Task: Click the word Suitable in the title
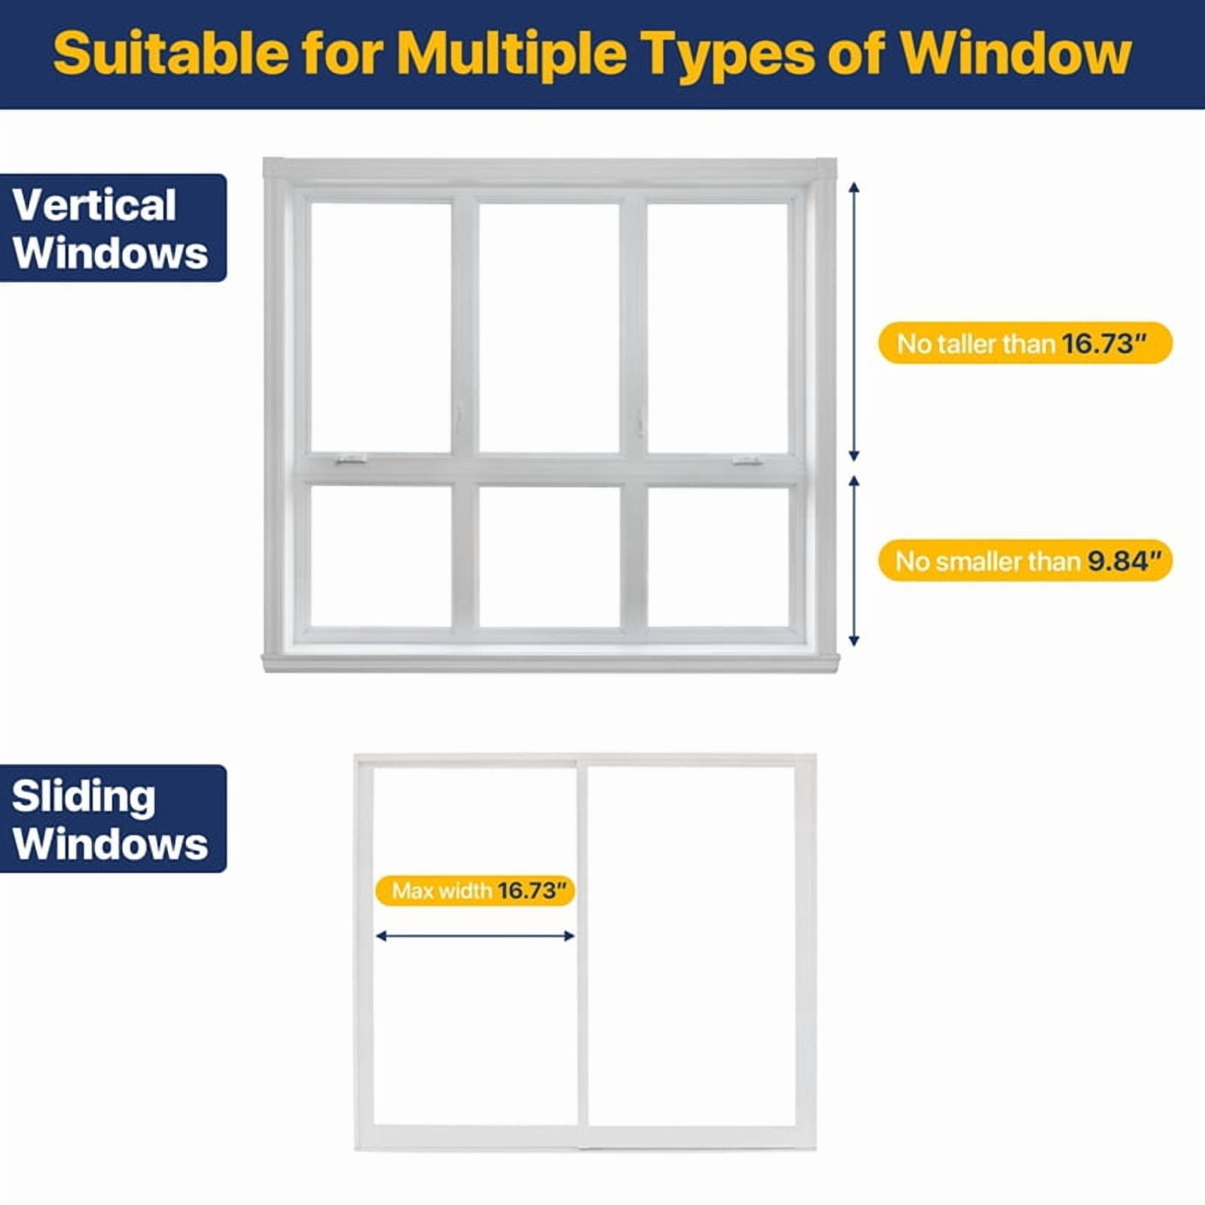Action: pyautogui.click(x=171, y=53)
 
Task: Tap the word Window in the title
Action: pyautogui.click(x=1016, y=53)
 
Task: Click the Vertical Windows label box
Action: pyautogui.click(x=113, y=228)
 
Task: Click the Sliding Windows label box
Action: pyautogui.click(x=113, y=819)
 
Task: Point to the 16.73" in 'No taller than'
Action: pyautogui.click(x=1103, y=343)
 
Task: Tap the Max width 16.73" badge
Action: pyautogui.click(x=475, y=891)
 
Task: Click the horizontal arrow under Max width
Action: pyautogui.click(x=475, y=936)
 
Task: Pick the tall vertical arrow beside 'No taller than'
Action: pyautogui.click(x=854, y=322)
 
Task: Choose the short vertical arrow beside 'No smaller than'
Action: pyautogui.click(x=854, y=561)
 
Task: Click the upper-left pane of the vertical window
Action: pyautogui.click(x=381, y=328)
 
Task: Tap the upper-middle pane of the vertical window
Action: pyautogui.click(x=550, y=328)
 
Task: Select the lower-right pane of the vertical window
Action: pyautogui.click(x=718, y=557)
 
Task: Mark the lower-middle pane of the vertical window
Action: pyautogui.click(x=550, y=557)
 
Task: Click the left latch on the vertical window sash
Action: pyautogui.click(x=351, y=459)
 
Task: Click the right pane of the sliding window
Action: pyautogui.click(x=691, y=946)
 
